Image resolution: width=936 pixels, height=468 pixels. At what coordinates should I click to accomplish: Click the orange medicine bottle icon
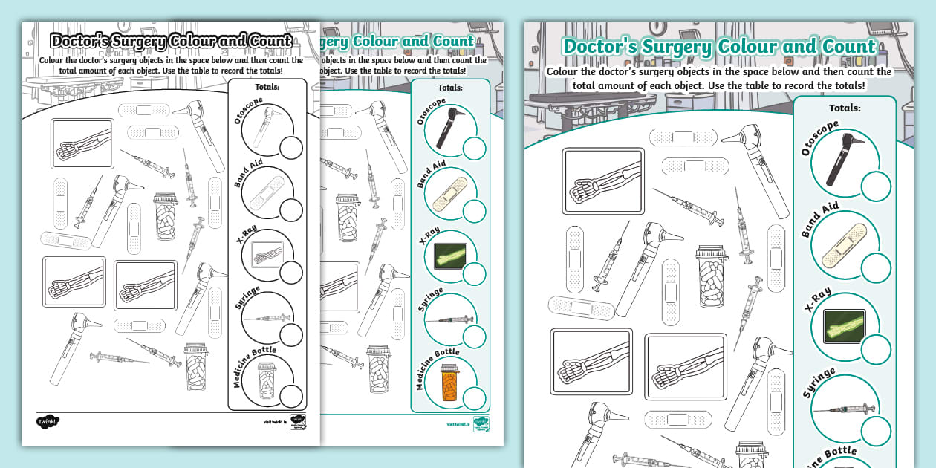(x=447, y=383)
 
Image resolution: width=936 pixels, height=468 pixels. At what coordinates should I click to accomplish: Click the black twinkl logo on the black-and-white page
(x=48, y=423)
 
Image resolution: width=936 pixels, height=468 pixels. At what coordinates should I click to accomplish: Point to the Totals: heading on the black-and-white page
(x=267, y=87)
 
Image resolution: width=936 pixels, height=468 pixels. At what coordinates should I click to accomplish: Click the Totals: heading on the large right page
(x=844, y=108)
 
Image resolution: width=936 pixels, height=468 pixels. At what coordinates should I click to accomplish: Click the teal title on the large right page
(x=718, y=46)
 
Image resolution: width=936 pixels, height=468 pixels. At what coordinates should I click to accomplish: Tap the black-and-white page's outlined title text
(x=170, y=41)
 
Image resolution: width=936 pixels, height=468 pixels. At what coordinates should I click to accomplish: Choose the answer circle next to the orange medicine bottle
(x=474, y=399)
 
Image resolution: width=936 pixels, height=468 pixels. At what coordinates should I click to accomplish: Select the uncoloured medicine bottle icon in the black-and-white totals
(x=265, y=380)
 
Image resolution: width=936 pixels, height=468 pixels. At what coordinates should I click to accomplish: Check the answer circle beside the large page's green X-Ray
(x=876, y=349)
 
